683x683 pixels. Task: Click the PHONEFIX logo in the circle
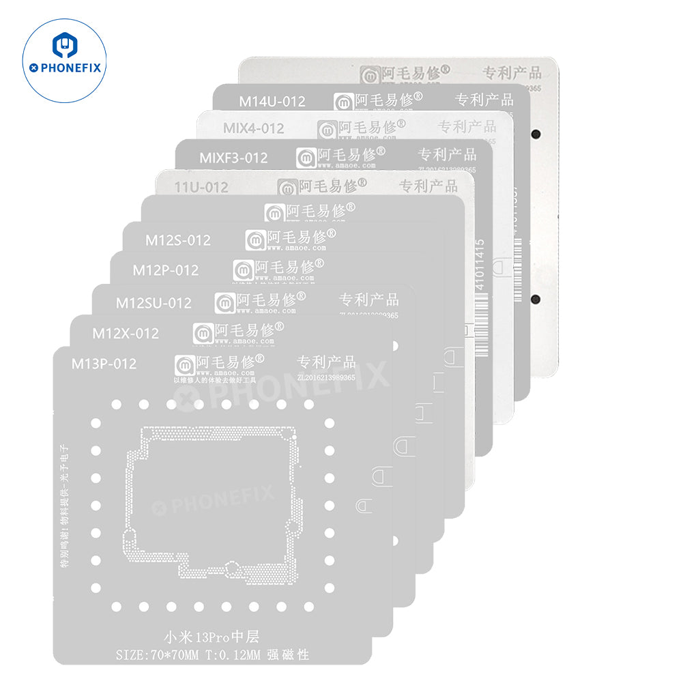(x=64, y=61)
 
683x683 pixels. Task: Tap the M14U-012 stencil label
(x=272, y=102)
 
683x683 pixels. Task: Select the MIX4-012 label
(x=253, y=128)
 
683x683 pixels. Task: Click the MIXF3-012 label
(x=233, y=158)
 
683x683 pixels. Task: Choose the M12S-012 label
(x=177, y=239)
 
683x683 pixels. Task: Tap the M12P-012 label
(x=165, y=270)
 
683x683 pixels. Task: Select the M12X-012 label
(x=126, y=333)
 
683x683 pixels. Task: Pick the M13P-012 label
(x=104, y=364)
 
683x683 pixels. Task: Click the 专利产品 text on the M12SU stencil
(x=368, y=300)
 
